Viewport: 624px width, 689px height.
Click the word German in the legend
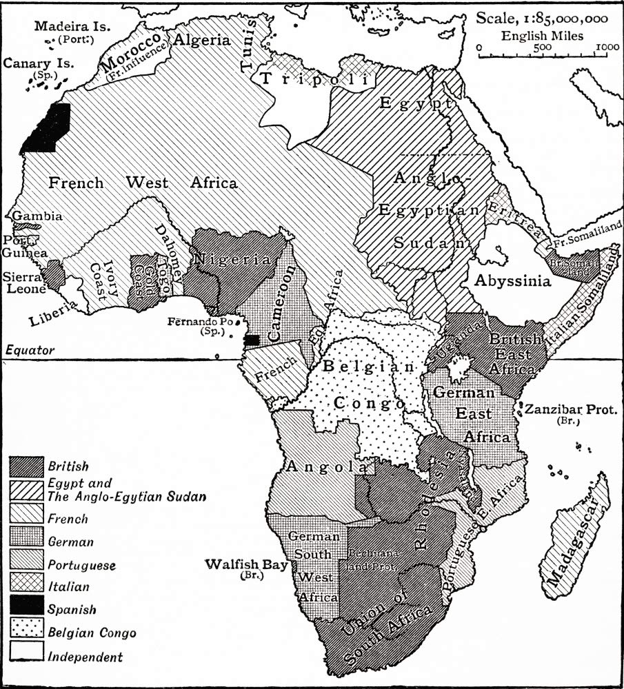point(71,542)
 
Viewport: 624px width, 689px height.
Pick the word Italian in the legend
point(69,587)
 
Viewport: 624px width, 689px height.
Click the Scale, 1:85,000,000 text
point(542,18)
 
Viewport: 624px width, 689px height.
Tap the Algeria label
point(202,39)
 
